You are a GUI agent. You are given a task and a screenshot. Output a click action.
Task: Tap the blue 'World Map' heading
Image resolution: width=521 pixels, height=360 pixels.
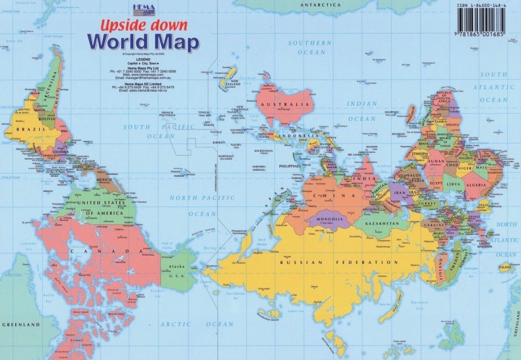tap(143, 42)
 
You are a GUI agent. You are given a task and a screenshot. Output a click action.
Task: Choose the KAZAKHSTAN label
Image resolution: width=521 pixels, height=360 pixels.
tap(380, 224)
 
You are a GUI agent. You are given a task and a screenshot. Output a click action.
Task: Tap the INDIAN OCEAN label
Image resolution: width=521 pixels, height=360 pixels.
tap(361, 111)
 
